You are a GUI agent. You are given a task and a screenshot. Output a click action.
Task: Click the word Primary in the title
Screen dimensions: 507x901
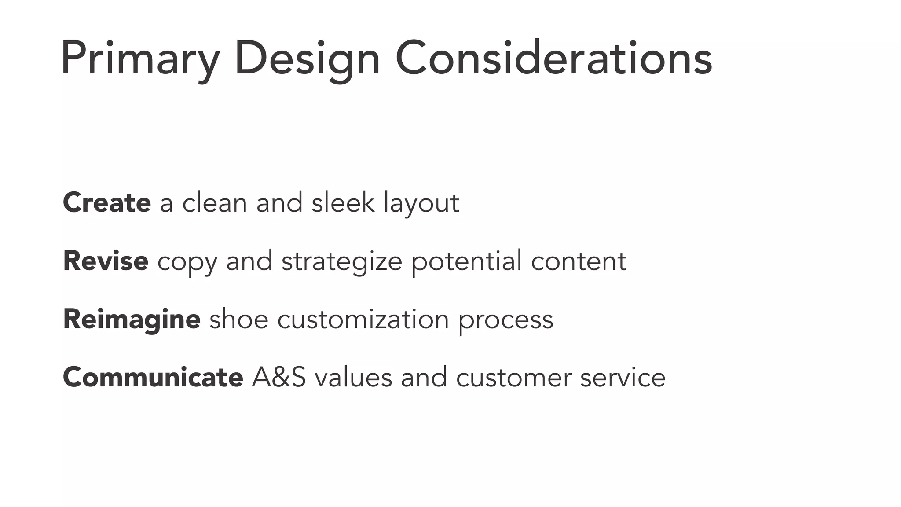coord(140,59)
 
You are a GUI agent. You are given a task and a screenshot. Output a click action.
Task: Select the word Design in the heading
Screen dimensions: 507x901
coord(307,59)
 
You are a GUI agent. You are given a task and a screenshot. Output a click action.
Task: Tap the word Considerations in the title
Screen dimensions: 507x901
coord(553,59)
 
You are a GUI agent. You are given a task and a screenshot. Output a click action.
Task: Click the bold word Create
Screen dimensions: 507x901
coord(107,203)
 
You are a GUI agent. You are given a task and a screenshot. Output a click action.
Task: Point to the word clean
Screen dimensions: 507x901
coord(215,203)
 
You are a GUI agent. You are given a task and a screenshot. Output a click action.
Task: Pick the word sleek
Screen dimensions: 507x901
coord(343,203)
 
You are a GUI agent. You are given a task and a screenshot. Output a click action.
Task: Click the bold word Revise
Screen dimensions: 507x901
coord(106,261)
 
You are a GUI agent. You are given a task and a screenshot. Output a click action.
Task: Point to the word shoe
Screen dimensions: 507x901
coord(238,319)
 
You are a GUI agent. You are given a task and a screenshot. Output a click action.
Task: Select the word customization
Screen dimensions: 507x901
coord(363,319)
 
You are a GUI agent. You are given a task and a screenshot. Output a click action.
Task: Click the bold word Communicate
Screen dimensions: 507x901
coord(153,378)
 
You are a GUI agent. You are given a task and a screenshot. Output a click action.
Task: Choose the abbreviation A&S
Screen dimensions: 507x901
coord(278,378)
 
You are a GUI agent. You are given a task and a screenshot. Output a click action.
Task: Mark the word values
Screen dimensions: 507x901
coord(353,378)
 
